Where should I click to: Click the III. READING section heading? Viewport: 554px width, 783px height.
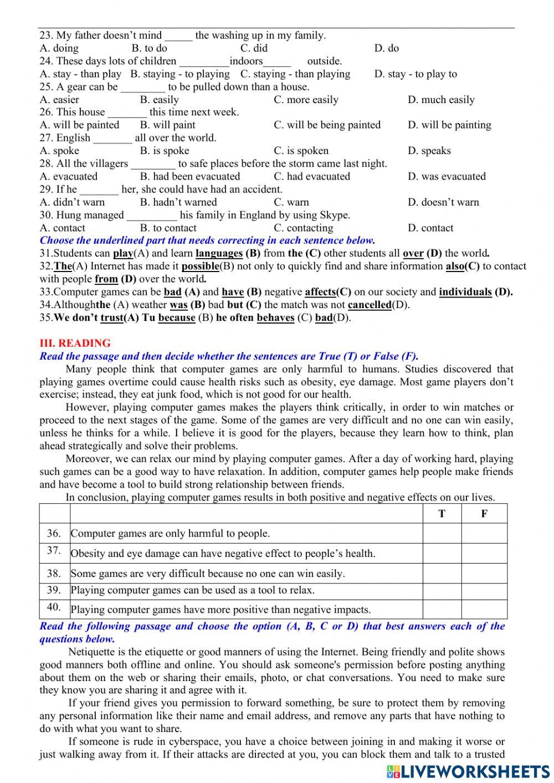coord(75,343)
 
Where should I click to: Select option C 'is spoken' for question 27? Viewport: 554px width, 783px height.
coord(301,151)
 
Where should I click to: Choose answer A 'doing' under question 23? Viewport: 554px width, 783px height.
coord(59,48)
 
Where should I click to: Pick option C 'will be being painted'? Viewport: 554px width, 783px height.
coord(327,125)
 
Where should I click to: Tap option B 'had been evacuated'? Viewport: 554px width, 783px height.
coord(189,177)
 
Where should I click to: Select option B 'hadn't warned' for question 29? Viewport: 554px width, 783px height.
coord(178,202)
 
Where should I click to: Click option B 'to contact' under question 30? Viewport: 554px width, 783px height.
coord(168,228)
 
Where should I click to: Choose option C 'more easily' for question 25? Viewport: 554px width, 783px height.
coord(306,100)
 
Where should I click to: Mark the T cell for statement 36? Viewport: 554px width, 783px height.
coord(442,533)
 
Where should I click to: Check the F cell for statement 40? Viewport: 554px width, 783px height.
coord(484,609)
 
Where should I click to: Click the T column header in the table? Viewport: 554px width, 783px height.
coord(442,514)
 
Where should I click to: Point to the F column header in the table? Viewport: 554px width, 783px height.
coord(484,514)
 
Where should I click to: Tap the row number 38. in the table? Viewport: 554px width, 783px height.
coord(54,574)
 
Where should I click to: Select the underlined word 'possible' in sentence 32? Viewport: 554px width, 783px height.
coord(200,267)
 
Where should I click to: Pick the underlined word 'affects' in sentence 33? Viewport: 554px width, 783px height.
coord(320,292)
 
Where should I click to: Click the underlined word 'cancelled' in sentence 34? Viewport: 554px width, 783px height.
coord(370,305)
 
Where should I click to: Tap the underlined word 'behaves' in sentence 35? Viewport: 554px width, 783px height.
coord(275,318)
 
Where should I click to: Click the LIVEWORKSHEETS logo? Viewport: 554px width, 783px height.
coord(468,771)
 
